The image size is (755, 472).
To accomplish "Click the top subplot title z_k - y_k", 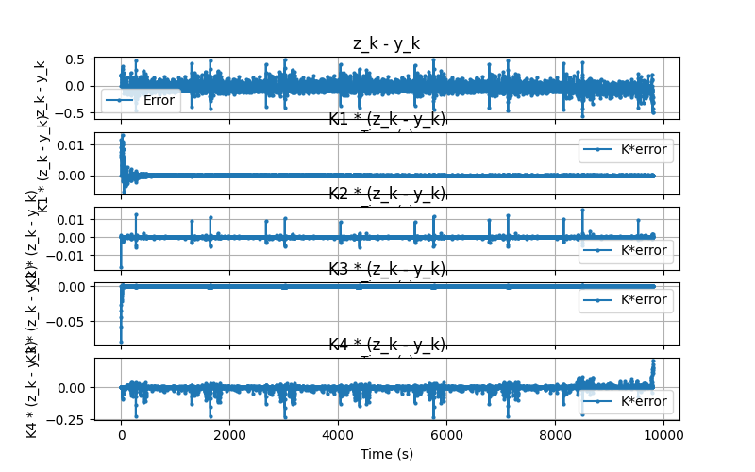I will click(387, 43).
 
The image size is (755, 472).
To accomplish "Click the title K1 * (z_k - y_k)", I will click(387, 119).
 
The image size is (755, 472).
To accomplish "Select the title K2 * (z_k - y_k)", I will click(387, 194).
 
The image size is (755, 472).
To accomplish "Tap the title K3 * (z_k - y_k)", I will click(387, 269).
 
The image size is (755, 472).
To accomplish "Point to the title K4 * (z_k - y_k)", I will click(387, 345).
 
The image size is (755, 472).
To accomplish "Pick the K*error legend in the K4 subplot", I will click(626, 401).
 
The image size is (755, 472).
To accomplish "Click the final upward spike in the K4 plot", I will click(652, 362).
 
